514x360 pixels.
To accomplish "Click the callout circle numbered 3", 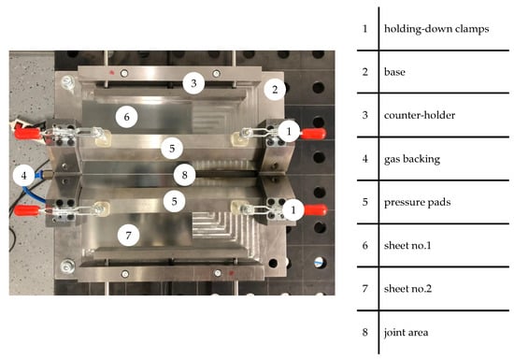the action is click(193, 83).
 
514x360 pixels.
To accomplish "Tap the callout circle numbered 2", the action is click(275, 89).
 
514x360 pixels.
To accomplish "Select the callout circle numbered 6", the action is click(127, 117).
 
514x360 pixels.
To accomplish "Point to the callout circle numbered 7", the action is click(129, 235).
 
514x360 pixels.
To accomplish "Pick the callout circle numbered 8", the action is click(184, 175).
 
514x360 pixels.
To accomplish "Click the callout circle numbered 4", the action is click(24, 176).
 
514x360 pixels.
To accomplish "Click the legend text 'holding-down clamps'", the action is click(436, 29).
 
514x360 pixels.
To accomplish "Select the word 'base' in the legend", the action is click(394, 72).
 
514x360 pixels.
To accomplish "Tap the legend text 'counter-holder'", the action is click(420, 115).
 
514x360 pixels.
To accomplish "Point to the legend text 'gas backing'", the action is click(412, 159).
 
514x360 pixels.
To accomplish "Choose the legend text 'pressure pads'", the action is click(417, 202).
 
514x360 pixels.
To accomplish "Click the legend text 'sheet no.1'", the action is click(407, 245).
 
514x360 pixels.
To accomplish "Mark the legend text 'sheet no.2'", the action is click(407, 289).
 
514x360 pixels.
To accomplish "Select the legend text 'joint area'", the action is click(406, 333).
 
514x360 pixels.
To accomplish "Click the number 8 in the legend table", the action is click(365, 332).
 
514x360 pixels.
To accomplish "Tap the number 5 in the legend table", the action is click(365, 202).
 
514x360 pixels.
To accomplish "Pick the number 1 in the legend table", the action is click(365, 29).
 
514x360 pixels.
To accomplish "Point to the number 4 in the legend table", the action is click(365, 159).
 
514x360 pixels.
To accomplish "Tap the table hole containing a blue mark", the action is click(319, 263).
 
